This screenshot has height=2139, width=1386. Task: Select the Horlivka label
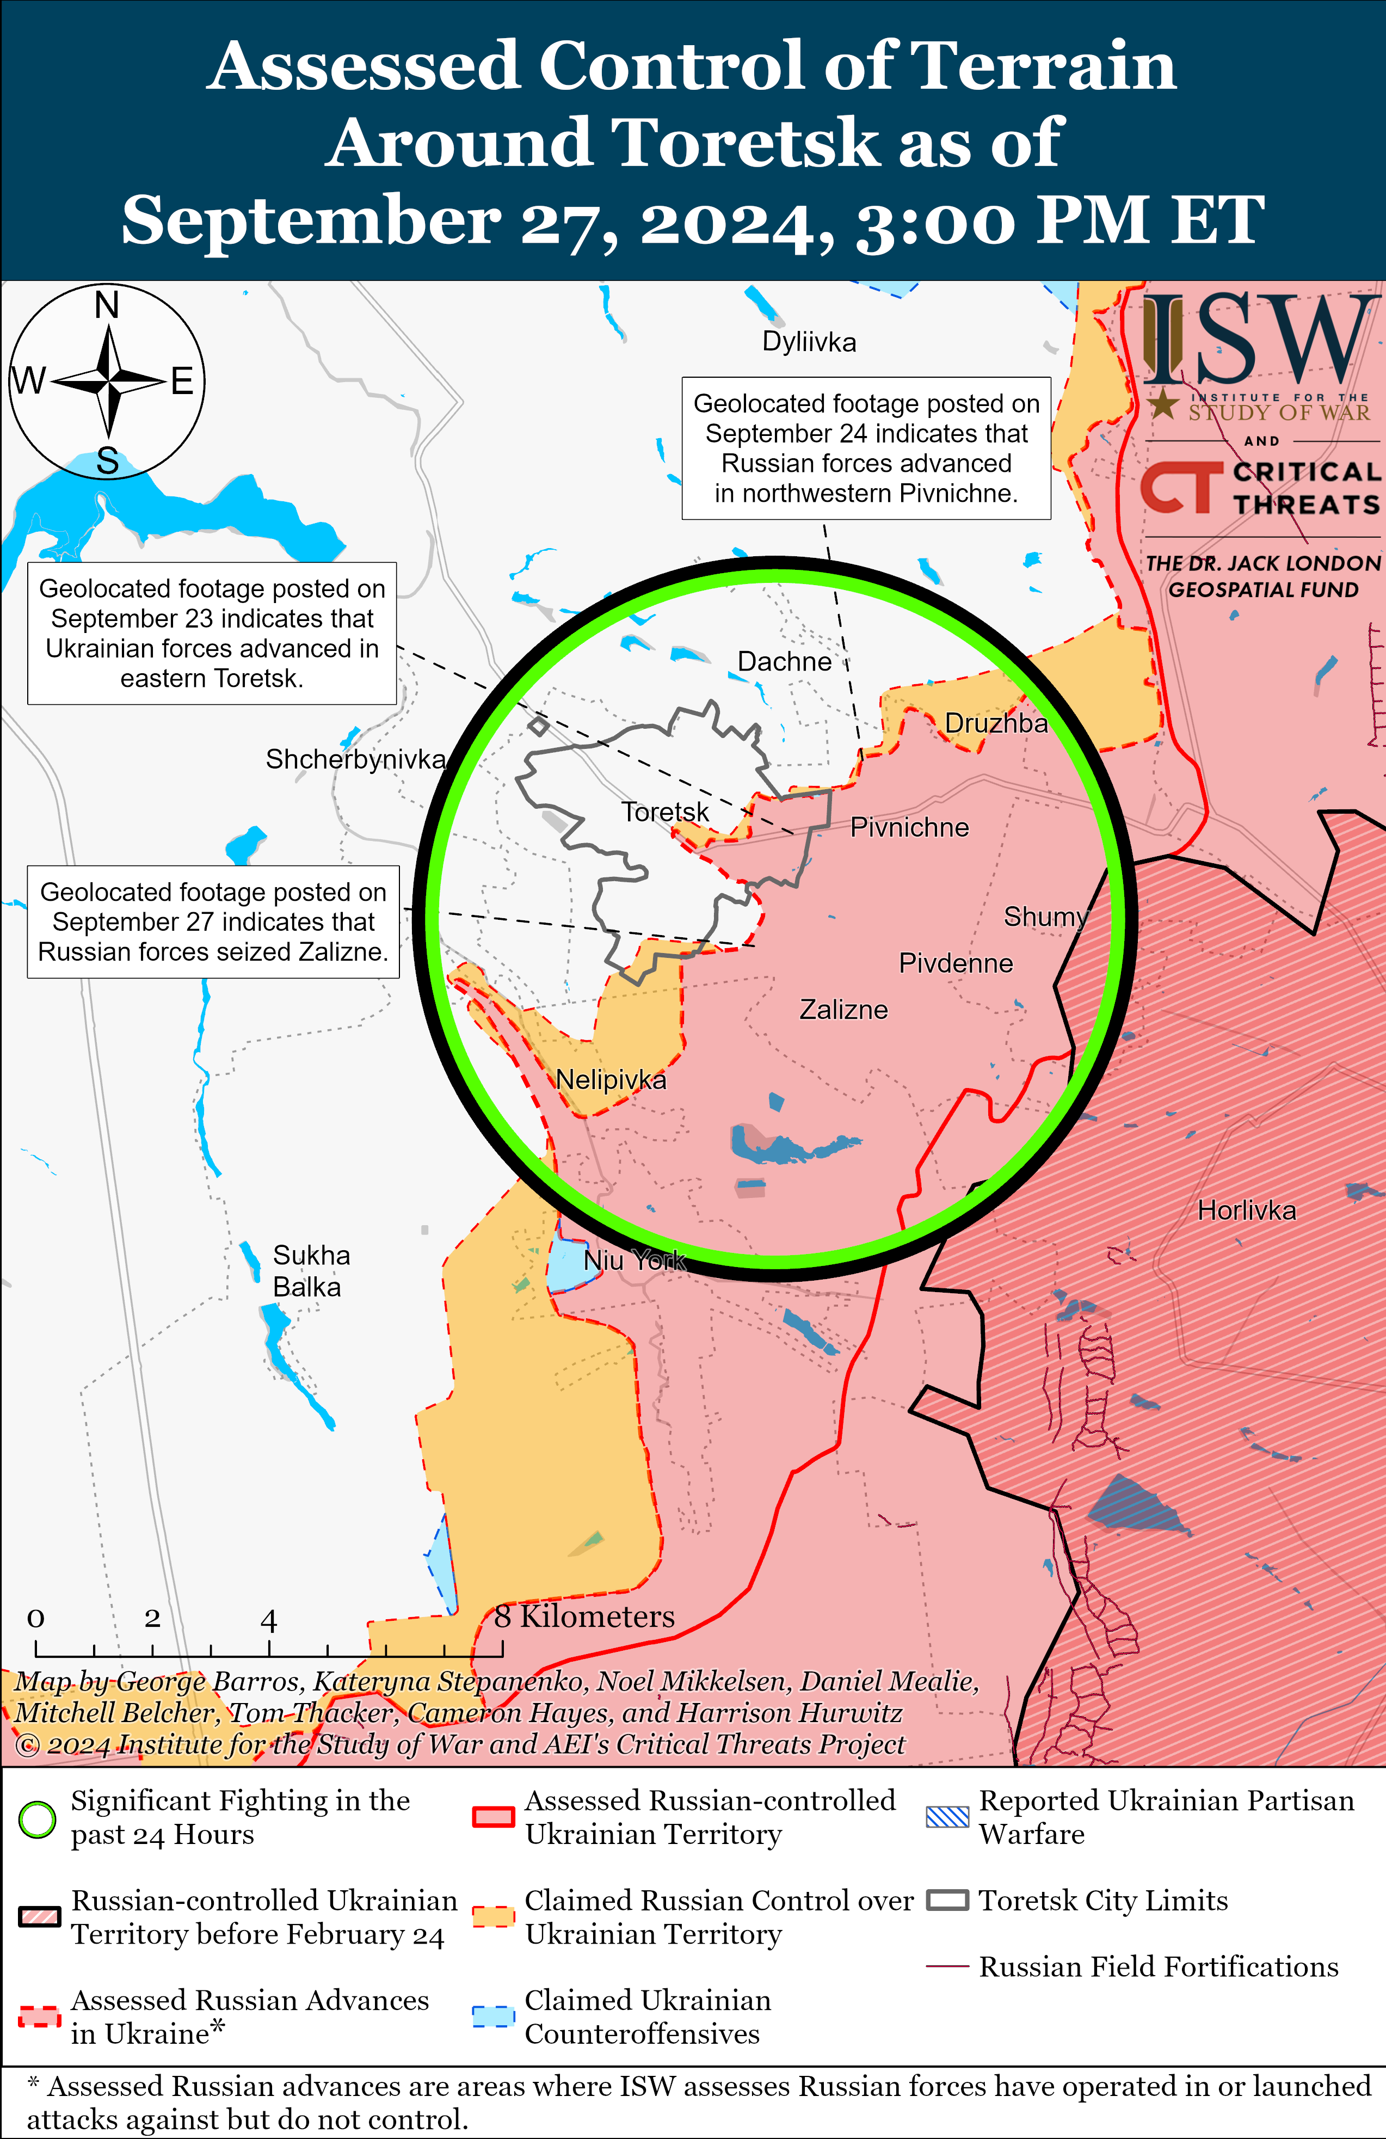coord(1247,1210)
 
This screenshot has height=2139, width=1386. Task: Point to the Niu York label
coord(635,1260)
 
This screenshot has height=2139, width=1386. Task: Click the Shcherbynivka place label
coord(356,759)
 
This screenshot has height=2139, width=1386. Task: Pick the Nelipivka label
coord(611,1079)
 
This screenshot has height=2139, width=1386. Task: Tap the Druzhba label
coord(996,723)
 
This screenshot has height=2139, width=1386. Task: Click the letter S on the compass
coord(107,461)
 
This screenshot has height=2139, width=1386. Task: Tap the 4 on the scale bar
coord(269,1620)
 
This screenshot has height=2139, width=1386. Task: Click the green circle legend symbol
coord(38,1820)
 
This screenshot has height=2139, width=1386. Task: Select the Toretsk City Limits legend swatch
coord(947,1901)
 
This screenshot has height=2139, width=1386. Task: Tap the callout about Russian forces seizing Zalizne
coord(213,922)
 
